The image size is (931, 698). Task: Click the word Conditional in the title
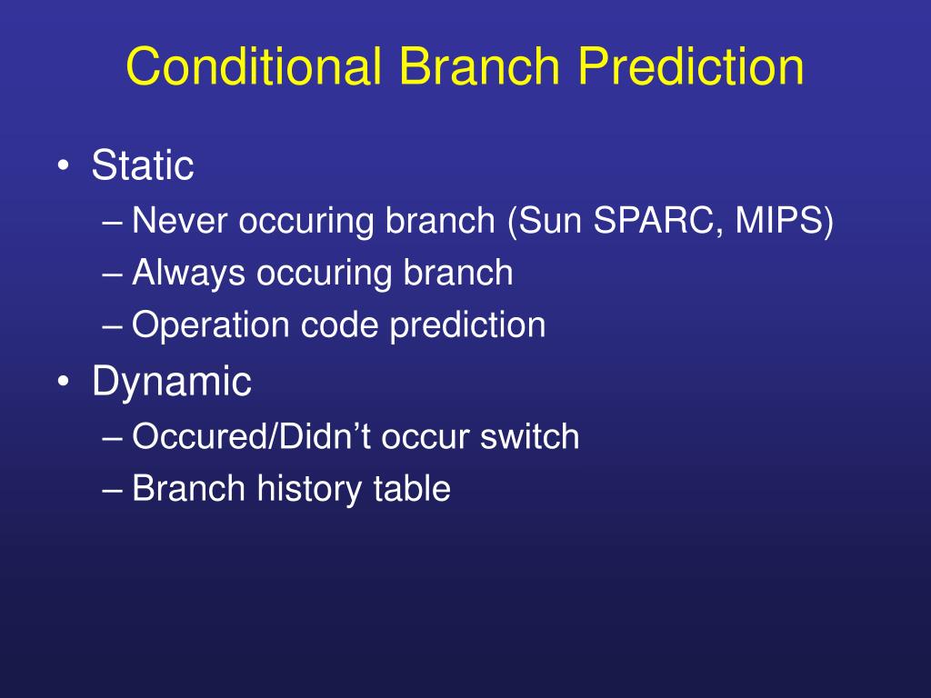254,65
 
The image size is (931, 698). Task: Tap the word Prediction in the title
691,65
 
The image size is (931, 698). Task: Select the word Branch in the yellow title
479,65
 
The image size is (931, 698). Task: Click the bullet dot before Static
64,165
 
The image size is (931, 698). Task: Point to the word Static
143,165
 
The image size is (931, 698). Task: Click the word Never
179,220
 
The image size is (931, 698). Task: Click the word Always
188,273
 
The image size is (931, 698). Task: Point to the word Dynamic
172,381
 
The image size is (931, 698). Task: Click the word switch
530,437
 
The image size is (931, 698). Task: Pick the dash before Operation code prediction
112,327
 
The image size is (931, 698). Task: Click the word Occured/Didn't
253,437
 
